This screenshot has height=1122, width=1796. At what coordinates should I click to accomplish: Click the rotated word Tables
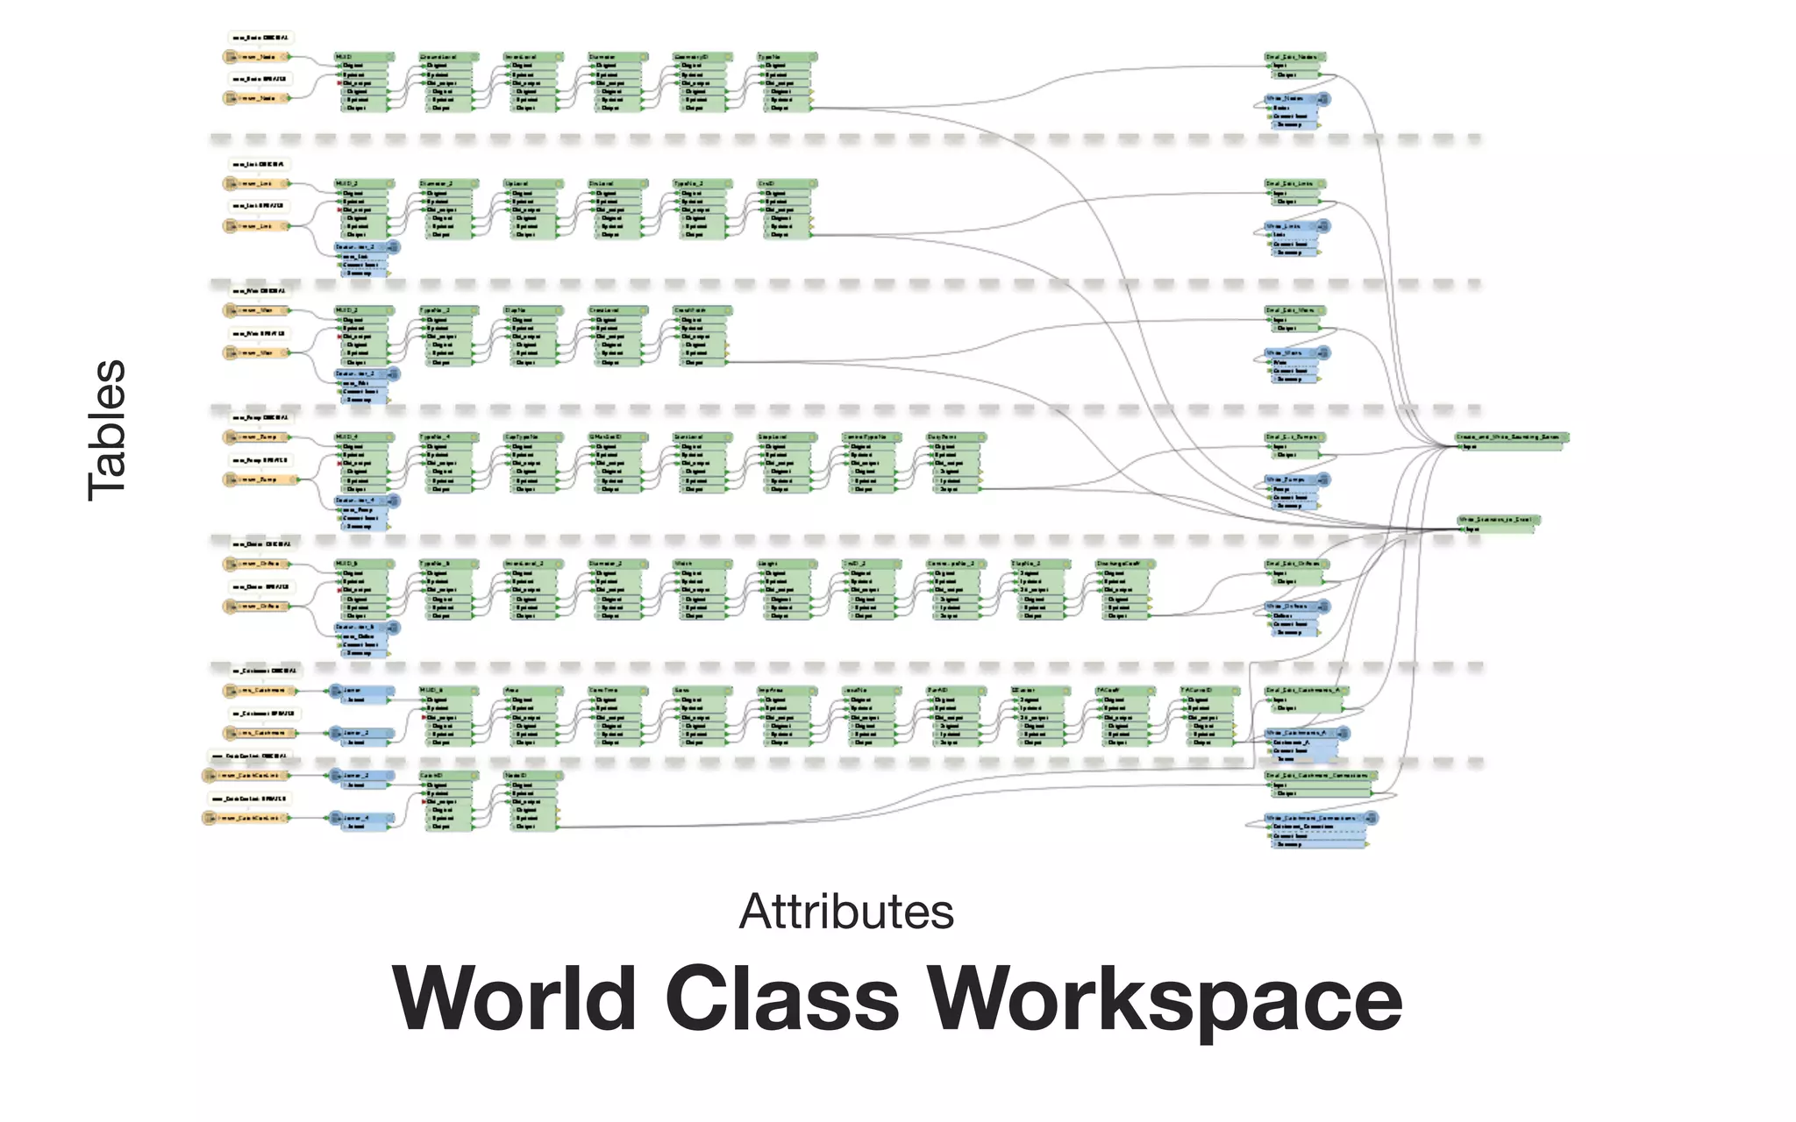coord(107,430)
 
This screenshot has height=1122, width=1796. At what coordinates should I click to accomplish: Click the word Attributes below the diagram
coord(846,912)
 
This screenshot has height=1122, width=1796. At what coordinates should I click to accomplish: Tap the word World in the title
coord(515,999)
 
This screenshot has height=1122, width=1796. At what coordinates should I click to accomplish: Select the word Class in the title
coord(782,999)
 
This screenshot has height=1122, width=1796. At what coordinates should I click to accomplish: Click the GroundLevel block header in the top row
coord(448,57)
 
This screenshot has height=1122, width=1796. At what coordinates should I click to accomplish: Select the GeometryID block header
coord(702,57)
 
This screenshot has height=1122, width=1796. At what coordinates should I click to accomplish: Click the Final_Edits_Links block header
coord(1294,184)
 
